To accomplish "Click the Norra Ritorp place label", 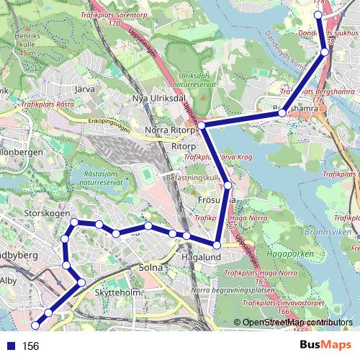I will pos(170,130).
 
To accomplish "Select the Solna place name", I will pos(150,268).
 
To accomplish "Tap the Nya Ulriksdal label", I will pos(160,98).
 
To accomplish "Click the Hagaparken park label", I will pos(300,254).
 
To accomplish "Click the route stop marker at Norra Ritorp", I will pos(202,125).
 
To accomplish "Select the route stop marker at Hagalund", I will pos(217,246).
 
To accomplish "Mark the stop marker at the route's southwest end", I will pos(35,328).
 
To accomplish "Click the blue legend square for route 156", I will pos(9,346).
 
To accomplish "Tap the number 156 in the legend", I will pos(30,346).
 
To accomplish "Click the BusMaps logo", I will pos(325,345).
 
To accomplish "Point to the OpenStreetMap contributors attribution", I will pos(297,323).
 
